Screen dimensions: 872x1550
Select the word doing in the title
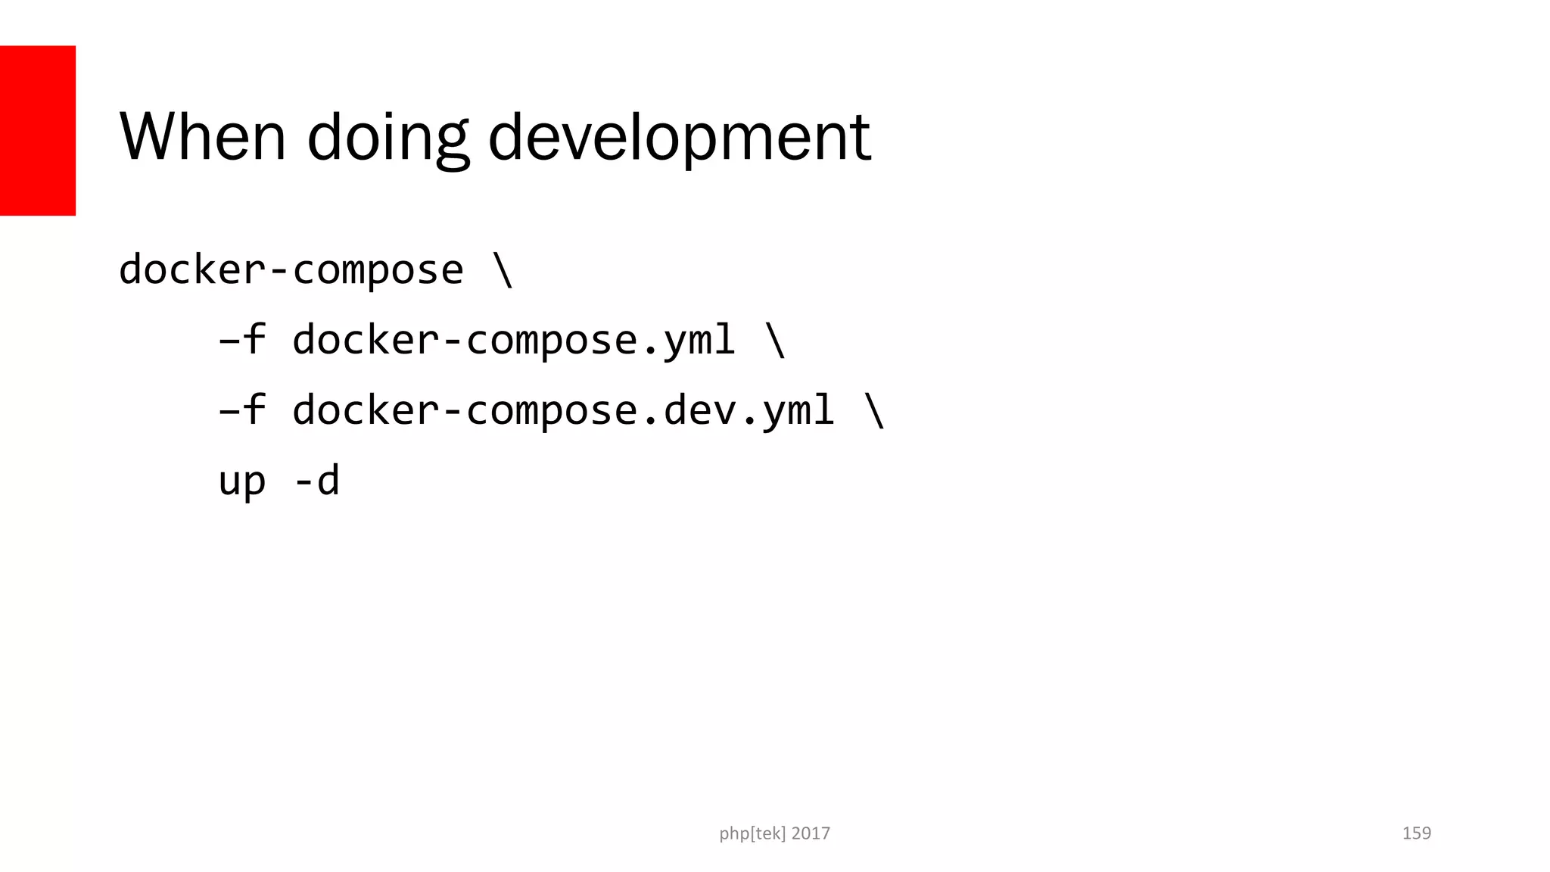click(387, 138)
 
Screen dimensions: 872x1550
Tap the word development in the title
click(679, 138)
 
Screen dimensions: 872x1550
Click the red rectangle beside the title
click(38, 130)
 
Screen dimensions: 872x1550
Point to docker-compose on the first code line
click(291, 270)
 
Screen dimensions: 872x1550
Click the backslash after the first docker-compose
click(503, 270)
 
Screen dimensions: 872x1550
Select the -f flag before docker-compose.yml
click(242, 340)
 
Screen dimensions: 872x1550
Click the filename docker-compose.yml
click(514, 340)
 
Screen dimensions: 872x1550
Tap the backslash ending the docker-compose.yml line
click(775, 340)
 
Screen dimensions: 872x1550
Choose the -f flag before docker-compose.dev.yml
click(242, 410)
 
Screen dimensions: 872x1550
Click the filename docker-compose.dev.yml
click(563, 410)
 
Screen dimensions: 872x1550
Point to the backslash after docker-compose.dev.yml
click(874, 410)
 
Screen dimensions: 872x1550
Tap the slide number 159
click(1416, 833)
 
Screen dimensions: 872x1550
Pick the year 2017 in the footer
click(811, 833)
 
